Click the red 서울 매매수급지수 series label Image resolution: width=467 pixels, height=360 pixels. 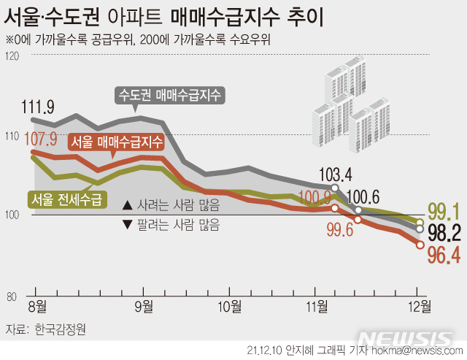[x=117, y=142]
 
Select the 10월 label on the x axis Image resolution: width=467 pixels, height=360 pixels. [x=229, y=305]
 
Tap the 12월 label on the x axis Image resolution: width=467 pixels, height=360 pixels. [x=417, y=305]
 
